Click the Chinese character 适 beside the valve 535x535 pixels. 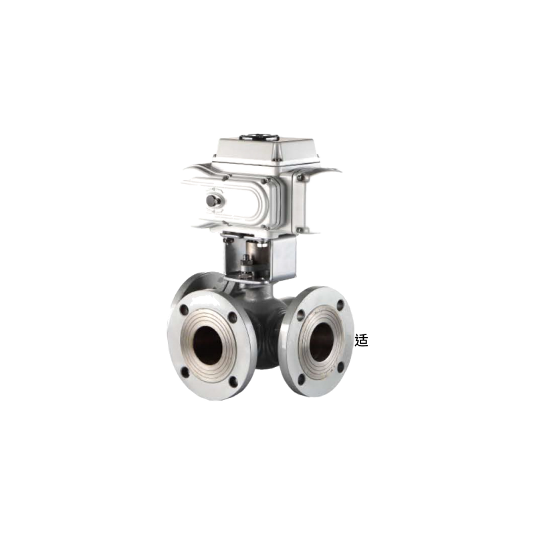[361, 340]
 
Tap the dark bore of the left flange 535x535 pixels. [207, 345]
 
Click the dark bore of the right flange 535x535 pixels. [321, 342]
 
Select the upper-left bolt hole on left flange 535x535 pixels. [184, 310]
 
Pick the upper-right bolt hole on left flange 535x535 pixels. [232, 317]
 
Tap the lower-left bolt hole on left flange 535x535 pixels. [185, 372]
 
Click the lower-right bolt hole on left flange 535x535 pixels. [233, 382]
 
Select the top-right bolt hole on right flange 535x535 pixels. [340, 306]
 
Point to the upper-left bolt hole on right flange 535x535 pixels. [300, 315]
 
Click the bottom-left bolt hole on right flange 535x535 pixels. [301, 379]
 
